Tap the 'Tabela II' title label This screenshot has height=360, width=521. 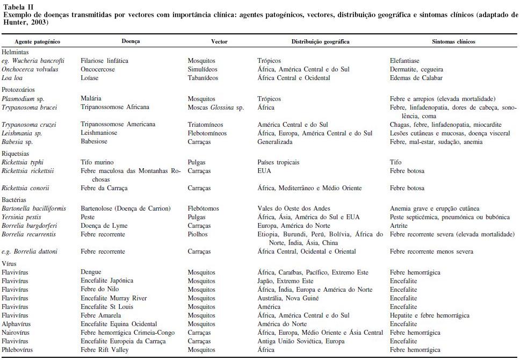18,7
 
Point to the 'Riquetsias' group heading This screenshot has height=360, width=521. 17,153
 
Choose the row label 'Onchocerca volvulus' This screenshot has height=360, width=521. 30,69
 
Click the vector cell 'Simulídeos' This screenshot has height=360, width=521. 202,69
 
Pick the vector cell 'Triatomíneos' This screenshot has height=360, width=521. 205,125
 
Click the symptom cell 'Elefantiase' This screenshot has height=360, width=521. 404,61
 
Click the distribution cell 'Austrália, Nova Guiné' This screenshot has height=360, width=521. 288,298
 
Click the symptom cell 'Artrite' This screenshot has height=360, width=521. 399,226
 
